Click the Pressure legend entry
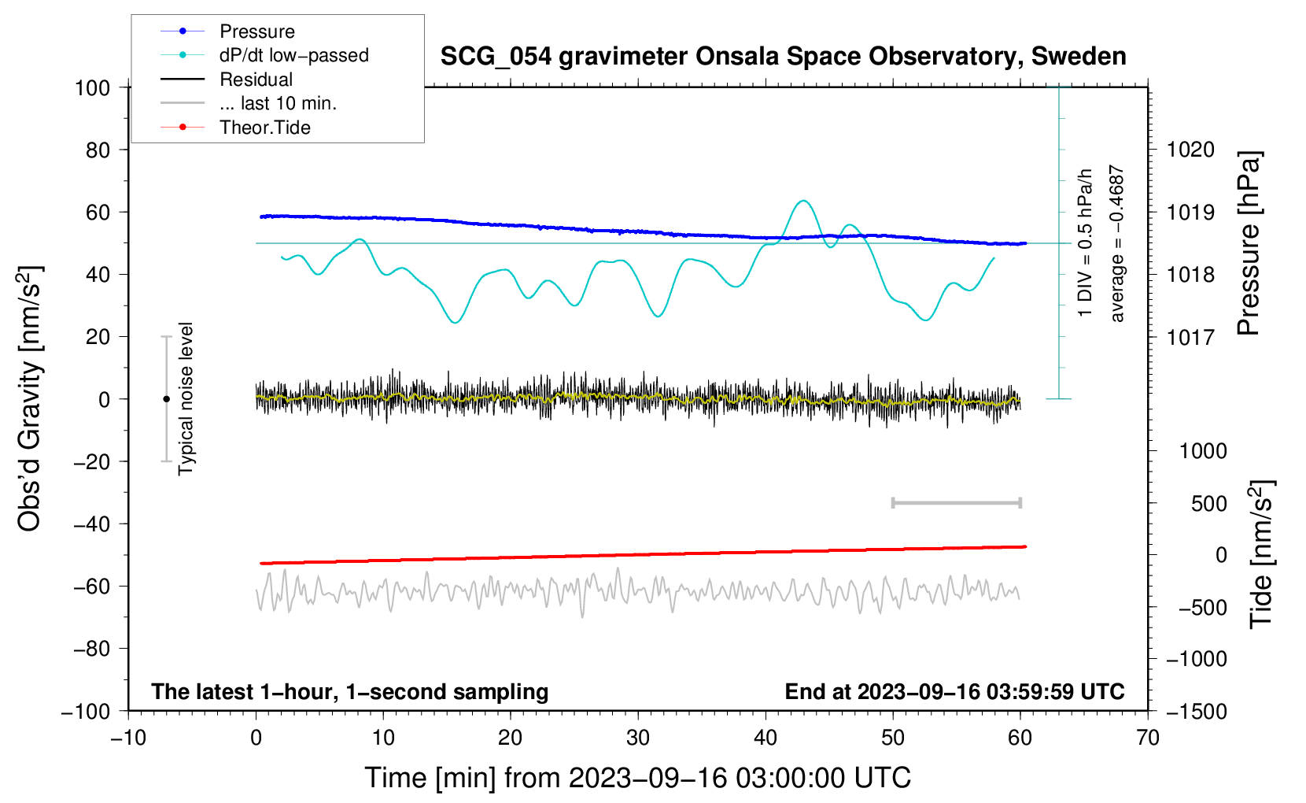click(256, 31)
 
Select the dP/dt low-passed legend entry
click(293, 55)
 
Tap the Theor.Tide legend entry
click(264, 128)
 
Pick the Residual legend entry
click(256, 80)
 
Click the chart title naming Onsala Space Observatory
click(783, 57)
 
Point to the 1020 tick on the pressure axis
click(1190, 150)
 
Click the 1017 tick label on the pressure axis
click(1190, 337)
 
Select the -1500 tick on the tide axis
click(1197, 711)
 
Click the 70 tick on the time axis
click(1148, 738)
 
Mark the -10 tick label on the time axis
click(128, 738)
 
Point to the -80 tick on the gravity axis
click(93, 649)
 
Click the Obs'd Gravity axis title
click(30, 398)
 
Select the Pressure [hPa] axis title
click(1249, 244)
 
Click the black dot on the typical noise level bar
click(166, 399)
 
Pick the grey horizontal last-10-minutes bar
click(956, 502)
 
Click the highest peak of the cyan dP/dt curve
click(802, 202)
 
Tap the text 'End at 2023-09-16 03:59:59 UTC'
click(954, 691)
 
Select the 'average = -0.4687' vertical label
click(1117, 244)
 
